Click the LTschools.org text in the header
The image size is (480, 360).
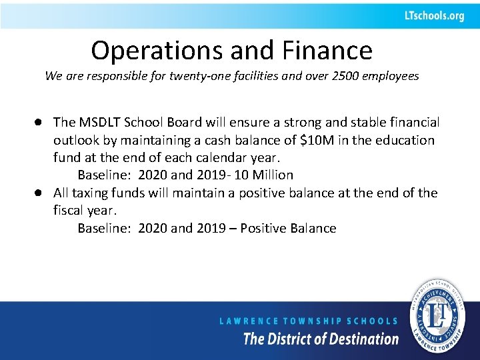click(x=433, y=16)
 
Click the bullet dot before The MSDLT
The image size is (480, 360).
click(x=41, y=123)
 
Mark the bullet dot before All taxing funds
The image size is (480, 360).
click(x=41, y=193)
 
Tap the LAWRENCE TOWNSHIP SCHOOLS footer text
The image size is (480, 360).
click(x=309, y=321)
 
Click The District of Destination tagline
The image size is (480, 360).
click(x=321, y=339)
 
